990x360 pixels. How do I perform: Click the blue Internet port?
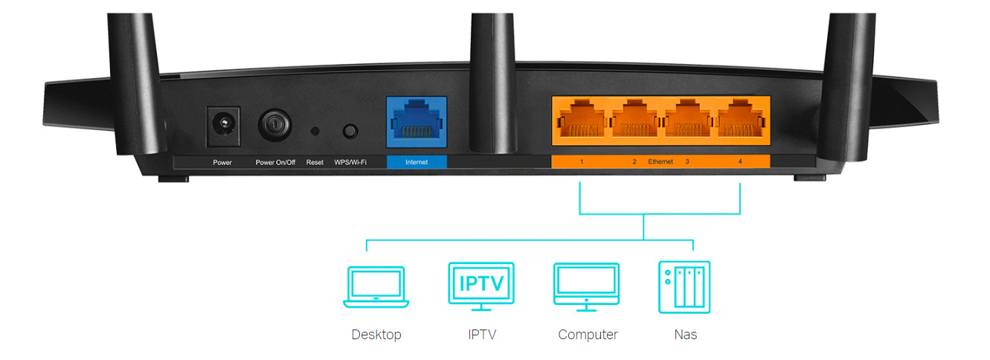pos(417,122)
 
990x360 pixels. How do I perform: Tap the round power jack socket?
pos(224,123)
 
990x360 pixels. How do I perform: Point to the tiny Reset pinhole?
pos(315,131)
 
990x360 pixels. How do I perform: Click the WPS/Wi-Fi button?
pos(350,131)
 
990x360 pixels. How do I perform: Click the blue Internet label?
pos(417,162)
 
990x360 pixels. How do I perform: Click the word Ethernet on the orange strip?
pos(660,161)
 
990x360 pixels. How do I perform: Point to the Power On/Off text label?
pos(275,163)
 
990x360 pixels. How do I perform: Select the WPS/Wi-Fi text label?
pos(350,163)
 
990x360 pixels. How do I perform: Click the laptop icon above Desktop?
pos(376,286)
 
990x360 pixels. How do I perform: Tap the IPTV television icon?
pos(481,286)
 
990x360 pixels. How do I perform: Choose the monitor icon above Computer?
pos(586,286)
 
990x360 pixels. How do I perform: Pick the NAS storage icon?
pos(684,287)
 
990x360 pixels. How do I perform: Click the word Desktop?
pos(376,335)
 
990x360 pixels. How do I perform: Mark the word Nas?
pos(686,335)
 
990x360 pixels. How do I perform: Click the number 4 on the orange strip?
pos(740,161)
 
